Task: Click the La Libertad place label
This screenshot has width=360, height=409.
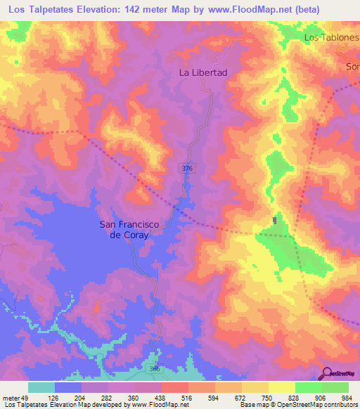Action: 203,72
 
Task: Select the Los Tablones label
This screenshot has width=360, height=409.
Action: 330,37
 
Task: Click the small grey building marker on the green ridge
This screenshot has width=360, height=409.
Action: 275,221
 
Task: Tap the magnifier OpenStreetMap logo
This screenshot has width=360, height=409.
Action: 328,373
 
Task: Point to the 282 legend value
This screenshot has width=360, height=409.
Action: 108,397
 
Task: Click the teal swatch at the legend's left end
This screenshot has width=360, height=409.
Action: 41,387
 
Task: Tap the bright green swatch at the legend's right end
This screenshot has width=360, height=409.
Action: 335,387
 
